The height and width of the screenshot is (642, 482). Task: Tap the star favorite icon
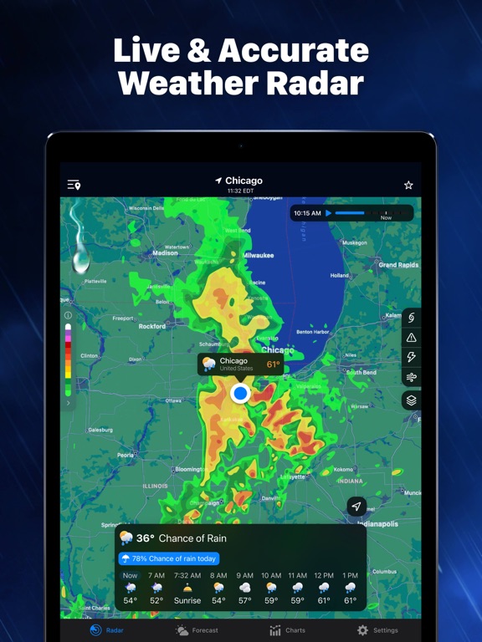[408, 185]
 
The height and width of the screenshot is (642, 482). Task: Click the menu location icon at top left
[74, 185]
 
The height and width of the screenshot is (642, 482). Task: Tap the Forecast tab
[197, 630]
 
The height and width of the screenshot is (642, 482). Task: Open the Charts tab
[287, 630]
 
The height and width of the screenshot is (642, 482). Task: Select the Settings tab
[377, 630]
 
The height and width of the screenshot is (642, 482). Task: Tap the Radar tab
[106, 630]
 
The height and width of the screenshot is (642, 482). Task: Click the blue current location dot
[240, 393]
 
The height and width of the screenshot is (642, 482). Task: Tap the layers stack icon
[412, 400]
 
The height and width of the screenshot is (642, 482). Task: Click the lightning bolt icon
[412, 358]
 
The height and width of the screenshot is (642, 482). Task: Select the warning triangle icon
[412, 338]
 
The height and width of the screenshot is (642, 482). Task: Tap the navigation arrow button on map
[356, 507]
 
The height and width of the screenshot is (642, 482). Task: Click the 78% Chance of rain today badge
[170, 558]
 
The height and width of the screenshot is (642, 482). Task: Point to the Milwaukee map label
[259, 255]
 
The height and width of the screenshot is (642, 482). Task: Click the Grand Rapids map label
[398, 265]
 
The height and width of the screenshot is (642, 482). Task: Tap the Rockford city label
[152, 326]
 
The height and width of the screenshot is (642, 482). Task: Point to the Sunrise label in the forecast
[187, 601]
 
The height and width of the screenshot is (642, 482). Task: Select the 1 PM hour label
[350, 575]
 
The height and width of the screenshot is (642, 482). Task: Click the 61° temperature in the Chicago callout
[273, 364]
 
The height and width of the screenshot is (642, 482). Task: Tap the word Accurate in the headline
[293, 51]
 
